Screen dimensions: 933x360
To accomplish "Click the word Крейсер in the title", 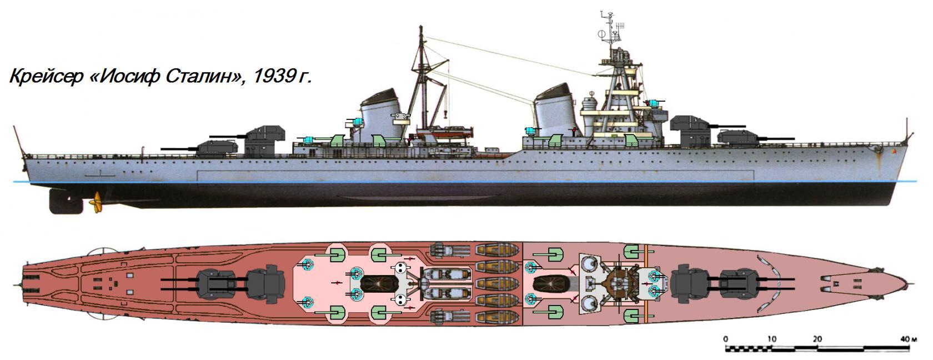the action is point(46,77).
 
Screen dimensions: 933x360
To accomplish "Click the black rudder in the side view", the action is point(66,202).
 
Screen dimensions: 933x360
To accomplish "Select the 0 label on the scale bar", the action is point(726,339).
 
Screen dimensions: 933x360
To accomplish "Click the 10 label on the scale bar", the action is point(772,339).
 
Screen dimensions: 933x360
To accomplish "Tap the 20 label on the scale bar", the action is point(817,339).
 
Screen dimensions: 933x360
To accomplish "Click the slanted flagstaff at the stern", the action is point(19,142).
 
